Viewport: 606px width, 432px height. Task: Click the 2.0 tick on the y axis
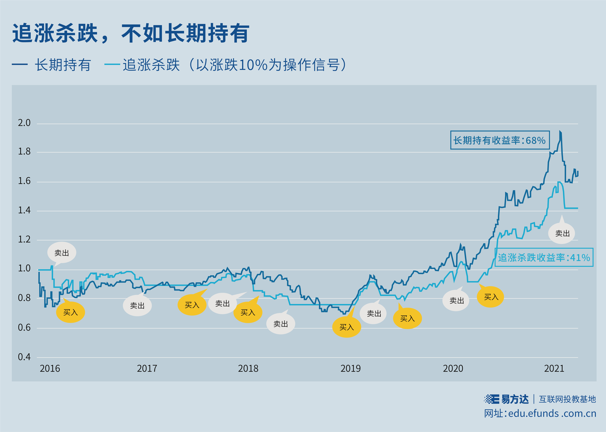(x=24, y=123)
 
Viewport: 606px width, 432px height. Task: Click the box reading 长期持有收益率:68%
(x=500, y=140)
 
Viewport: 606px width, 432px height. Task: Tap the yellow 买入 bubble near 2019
(x=347, y=327)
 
